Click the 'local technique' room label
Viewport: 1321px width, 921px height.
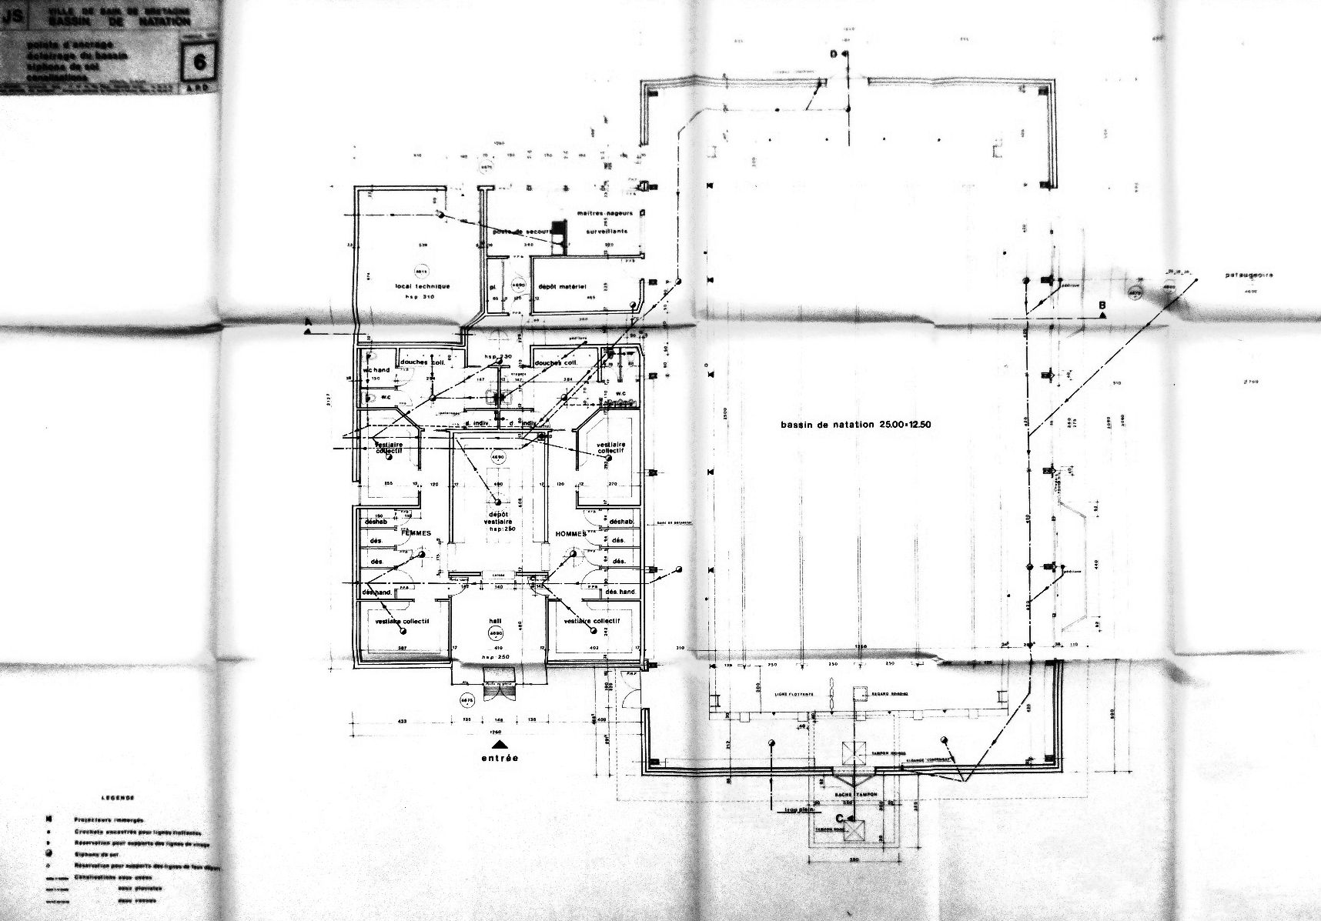click(423, 286)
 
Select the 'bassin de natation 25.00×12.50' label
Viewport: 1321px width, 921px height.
click(855, 424)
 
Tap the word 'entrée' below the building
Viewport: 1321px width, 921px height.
click(500, 758)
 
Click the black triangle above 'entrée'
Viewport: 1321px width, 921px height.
click(500, 744)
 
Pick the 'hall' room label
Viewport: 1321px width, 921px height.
click(495, 620)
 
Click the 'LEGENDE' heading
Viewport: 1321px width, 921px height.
click(116, 799)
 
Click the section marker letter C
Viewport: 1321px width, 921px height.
click(841, 818)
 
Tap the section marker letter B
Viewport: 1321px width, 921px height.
click(1102, 305)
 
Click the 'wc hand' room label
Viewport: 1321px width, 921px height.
click(377, 370)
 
